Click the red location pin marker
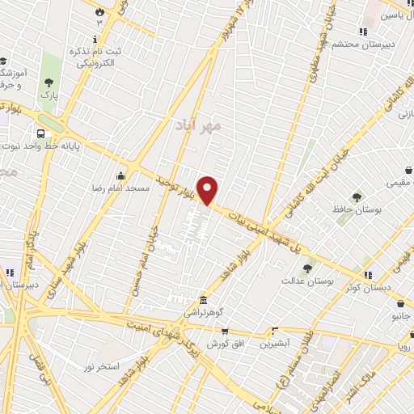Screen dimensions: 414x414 pyautogui.click(x=209, y=190)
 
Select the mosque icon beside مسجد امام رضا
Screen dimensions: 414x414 pyautogui.click(x=121, y=175)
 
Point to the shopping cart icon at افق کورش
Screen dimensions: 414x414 pyautogui.click(x=226, y=332)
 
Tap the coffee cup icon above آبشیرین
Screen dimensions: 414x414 pyautogui.click(x=275, y=330)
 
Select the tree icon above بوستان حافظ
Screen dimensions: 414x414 pyautogui.click(x=357, y=196)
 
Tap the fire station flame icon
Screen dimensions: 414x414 pyautogui.click(x=99, y=12)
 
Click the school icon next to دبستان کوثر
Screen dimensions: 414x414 pyautogui.click(x=368, y=275)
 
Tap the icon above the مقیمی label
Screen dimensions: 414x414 pyautogui.click(x=408, y=170)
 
